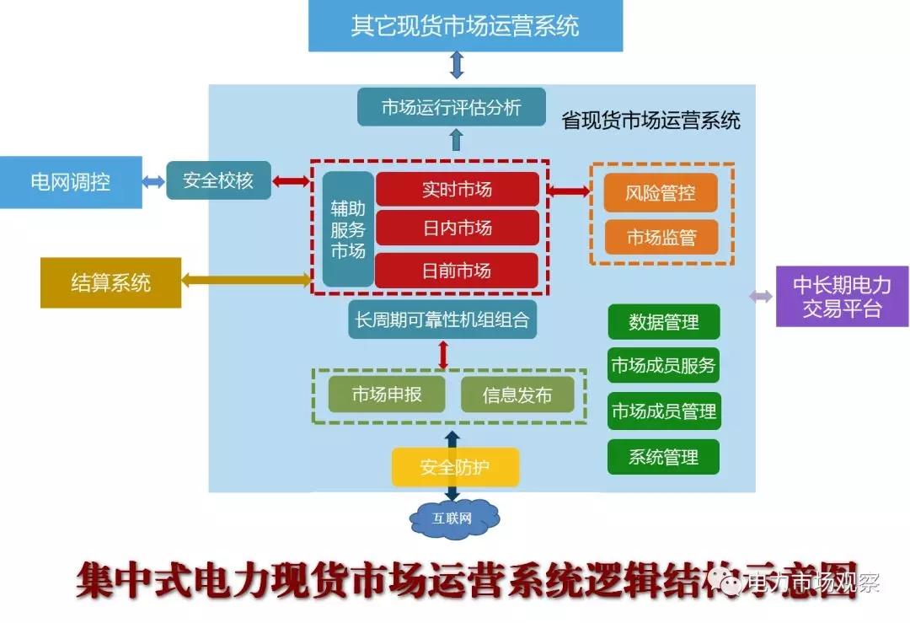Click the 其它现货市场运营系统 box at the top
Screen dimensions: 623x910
click(x=465, y=25)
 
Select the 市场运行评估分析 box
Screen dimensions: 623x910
click(x=452, y=108)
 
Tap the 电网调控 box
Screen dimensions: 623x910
click(x=71, y=181)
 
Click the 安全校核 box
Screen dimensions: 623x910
click(x=218, y=180)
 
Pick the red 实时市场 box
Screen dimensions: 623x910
click(x=457, y=190)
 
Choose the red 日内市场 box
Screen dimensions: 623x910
click(x=457, y=228)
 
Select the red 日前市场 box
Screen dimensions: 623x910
click(x=457, y=271)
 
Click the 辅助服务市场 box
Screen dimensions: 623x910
click(x=348, y=228)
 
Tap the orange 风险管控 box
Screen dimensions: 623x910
click(x=661, y=193)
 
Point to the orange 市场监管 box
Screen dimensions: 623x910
click(x=661, y=237)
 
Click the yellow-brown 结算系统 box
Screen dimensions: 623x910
click(x=110, y=282)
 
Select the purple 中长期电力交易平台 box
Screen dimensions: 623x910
click(x=842, y=296)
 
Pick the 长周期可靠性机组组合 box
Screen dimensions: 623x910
click(x=442, y=320)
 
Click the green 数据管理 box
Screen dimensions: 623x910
click(x=663, y=322)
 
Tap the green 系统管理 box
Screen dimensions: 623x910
click(x=663, y=457)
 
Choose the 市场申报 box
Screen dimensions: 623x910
click(x=387, y=395)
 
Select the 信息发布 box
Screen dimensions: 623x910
click(x=517, y=395)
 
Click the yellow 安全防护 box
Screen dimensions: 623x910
click(x=455, y=467)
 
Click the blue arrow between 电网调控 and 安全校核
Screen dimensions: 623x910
click(x=153, y=181)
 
